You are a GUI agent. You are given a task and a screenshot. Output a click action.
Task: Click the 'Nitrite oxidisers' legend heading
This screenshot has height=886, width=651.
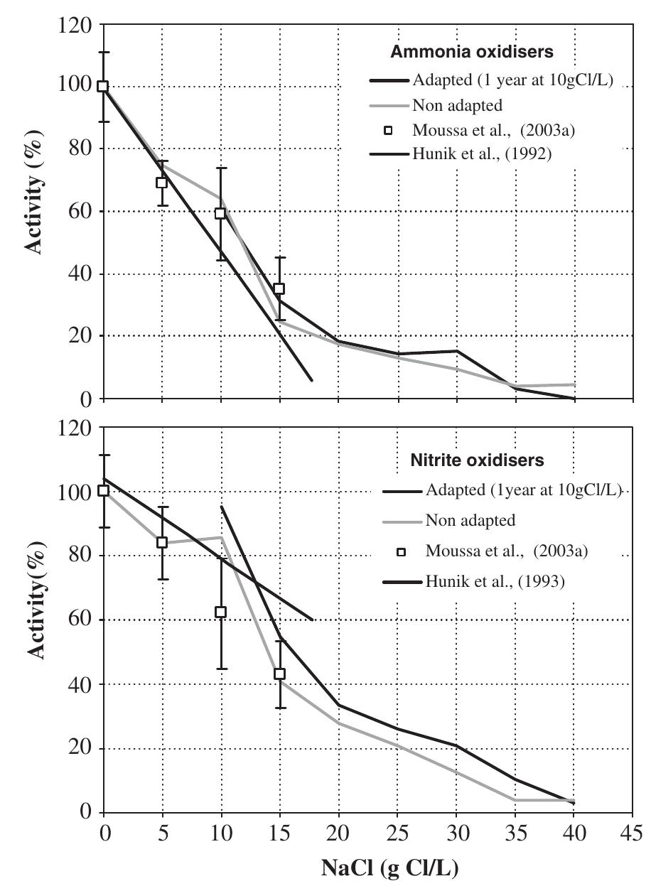[x=478, y=460]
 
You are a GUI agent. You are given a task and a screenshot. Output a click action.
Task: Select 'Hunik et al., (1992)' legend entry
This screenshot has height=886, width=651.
[x=480, y=153]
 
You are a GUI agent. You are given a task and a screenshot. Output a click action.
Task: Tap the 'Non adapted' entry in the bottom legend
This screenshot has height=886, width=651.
[x=470, y=521]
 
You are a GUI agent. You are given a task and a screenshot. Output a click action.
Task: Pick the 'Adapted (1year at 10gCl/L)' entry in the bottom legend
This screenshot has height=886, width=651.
[x=524, y=490]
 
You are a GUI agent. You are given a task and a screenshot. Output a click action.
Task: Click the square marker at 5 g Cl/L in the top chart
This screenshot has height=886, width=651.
[x=162, y=183]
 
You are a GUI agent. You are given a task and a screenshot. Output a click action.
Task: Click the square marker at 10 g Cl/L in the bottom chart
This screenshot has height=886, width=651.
[x=220, y=612]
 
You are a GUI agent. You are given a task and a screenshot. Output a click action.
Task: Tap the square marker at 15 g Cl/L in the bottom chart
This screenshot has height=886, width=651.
[x=279, y=674]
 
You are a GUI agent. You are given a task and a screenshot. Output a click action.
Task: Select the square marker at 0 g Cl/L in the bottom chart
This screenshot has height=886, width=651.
[x=104, y=490]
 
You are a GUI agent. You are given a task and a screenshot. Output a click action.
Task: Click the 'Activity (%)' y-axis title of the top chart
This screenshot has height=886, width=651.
[x=34, y=212]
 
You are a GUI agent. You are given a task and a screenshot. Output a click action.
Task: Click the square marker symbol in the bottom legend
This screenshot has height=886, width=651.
[x=400, y=552]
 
